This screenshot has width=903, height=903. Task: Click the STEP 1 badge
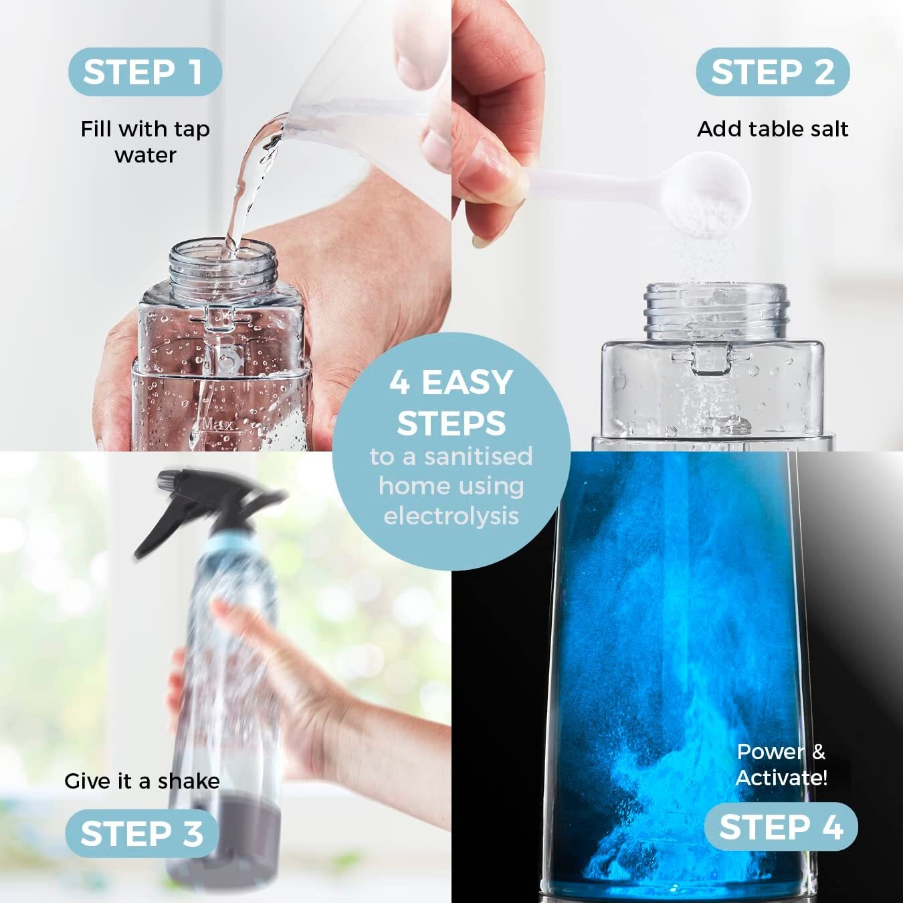tap(144, 72)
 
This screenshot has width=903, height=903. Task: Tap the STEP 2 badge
tap(773, 72)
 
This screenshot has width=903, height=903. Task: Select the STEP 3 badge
tap(142, 833)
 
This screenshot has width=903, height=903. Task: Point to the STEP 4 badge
tap(781, 827)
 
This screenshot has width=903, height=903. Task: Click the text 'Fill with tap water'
tap(145, 142)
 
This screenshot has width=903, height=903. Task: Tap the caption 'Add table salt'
tap(773, 129)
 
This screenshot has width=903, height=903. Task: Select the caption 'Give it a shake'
tap(142, 781)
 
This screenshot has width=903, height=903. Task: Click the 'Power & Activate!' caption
tap(781, 765)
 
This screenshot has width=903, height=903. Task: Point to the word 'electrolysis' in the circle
tap(451, 516)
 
